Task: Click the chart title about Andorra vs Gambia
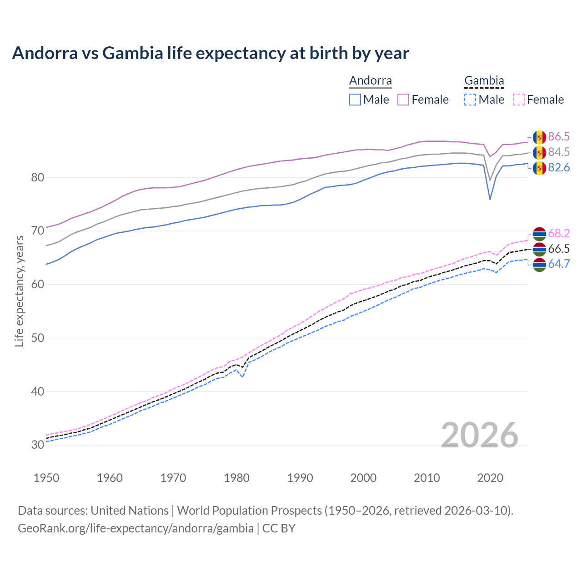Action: pos(211,53)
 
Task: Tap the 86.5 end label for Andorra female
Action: pos(559,137)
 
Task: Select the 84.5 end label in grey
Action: pos(559,152)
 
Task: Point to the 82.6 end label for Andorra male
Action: pos(559,168)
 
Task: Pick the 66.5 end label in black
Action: pos(559,249)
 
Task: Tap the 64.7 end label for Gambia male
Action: pos(559,264)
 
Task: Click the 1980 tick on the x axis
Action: pos(237,478)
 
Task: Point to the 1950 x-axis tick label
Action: pos(46,478)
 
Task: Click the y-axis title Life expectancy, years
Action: pos(20,291)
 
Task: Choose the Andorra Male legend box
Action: pos(355,100)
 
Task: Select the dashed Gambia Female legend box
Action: pos(519,100)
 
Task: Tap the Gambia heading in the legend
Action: pos(484,81)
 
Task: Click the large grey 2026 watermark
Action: pos(480,435)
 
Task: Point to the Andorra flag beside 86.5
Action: pos(539,137)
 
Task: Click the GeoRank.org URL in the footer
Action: pos(135,528)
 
